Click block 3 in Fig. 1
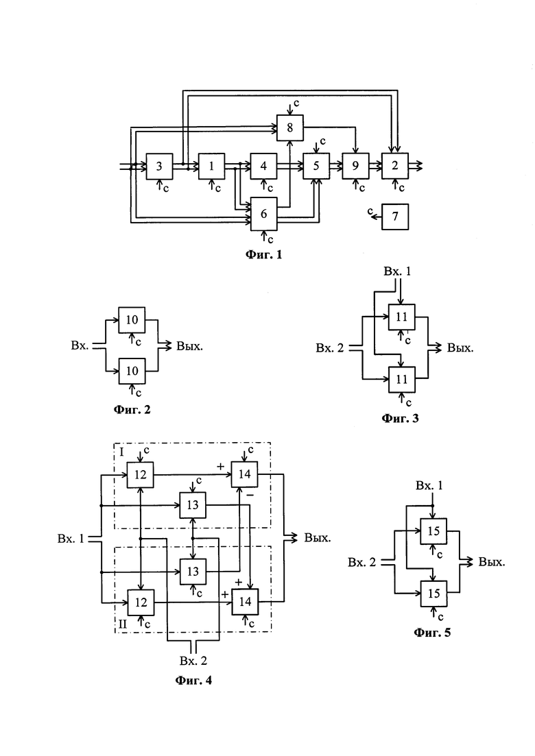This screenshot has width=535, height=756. tap(159, 167)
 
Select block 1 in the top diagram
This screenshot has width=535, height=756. tap(212, 167)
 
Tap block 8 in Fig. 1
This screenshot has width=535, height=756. tap(290, 127)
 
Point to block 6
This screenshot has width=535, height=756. tap(264, 214)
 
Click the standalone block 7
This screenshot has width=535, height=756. tap(395, 217)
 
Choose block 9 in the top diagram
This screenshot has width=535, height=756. tap(355, 167)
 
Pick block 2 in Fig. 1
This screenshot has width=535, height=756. tap(395, 167)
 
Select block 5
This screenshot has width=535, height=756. tap(316, 167)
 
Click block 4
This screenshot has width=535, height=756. tap(263, 167)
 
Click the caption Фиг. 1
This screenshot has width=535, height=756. tap(263, 254)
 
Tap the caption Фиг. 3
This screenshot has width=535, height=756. tap(401, 418)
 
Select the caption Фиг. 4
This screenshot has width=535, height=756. tap(193, 681)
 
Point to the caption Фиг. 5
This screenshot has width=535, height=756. tap(432, 632)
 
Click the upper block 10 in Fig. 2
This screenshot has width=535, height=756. tap(132, 319)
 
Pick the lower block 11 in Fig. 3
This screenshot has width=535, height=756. tap(402, 380)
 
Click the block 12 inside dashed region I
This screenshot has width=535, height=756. tap(141, 475)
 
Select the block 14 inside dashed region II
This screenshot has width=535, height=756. tap(245, 602)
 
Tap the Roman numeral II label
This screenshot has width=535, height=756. tap(123, 624)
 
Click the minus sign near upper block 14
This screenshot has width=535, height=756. tap(250, 496)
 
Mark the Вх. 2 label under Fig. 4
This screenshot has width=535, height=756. tap(193, 661)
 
